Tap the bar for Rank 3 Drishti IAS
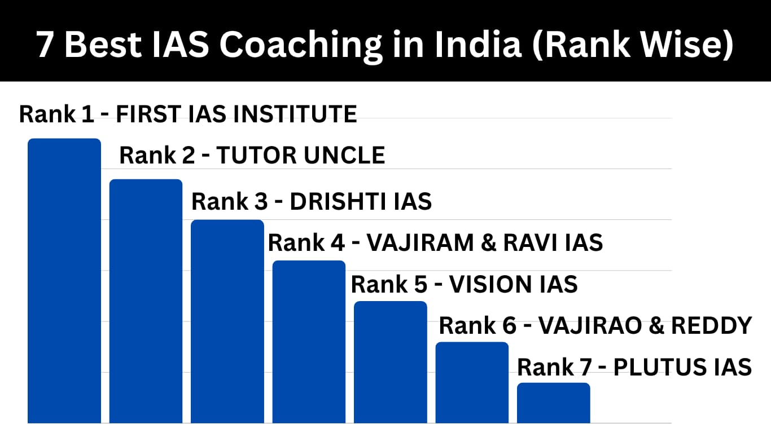pyautogui.click(x=227, y=321)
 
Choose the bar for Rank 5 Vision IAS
pyautogui.click(x=391, y=361)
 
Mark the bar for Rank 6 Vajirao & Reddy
pyautogui.click(x=472, y=382)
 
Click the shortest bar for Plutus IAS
pyautogui.click(x=553, y=403)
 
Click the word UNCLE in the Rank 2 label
pyautogui.click(x=344, y=155)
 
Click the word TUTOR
pyautogui.click(x=256, y=155)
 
